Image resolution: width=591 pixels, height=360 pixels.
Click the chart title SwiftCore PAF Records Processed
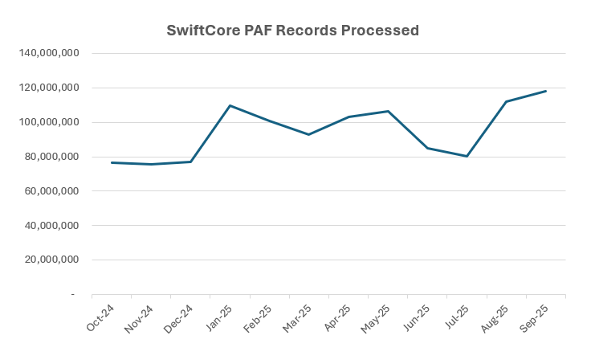tap(292, 31)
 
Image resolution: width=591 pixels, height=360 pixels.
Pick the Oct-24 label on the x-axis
tap(100, 317)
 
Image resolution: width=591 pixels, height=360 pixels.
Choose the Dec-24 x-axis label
tap(180, 317)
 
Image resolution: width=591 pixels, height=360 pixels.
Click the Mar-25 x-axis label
tap(298, 317)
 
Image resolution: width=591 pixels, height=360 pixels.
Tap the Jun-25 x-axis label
tap(417, 317)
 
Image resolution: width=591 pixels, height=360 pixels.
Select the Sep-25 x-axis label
tap(536, 317)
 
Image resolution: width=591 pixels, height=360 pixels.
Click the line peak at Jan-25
tap(230, 105)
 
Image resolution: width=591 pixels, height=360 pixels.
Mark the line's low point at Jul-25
tap(467, 156)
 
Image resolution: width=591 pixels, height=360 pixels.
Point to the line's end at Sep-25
tap(546, 91)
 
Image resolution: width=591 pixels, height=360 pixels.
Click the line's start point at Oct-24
tap(112, 162)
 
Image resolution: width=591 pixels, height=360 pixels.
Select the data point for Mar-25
tap(309, 134)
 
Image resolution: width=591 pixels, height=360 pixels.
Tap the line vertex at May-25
tap(389, 111)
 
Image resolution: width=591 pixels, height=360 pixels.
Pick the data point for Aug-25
tap(507, 101)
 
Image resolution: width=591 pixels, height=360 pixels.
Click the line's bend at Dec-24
tap(191, 162)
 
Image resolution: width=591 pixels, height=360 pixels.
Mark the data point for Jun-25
tap(428, 148)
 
